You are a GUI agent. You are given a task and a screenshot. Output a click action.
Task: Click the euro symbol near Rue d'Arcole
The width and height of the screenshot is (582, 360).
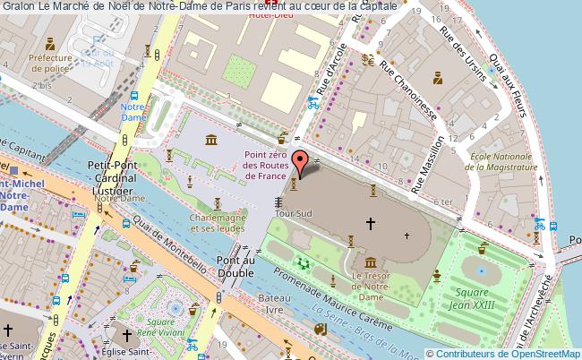coord(367,61)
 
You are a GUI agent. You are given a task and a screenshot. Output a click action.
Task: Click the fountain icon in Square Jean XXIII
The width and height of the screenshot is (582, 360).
coord(482,270)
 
